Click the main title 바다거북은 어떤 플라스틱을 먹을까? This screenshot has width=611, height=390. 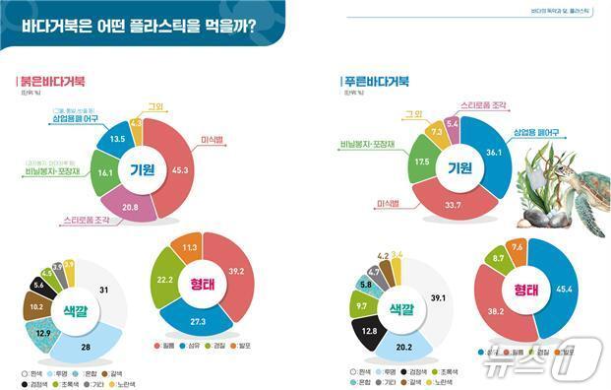(138, 26)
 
